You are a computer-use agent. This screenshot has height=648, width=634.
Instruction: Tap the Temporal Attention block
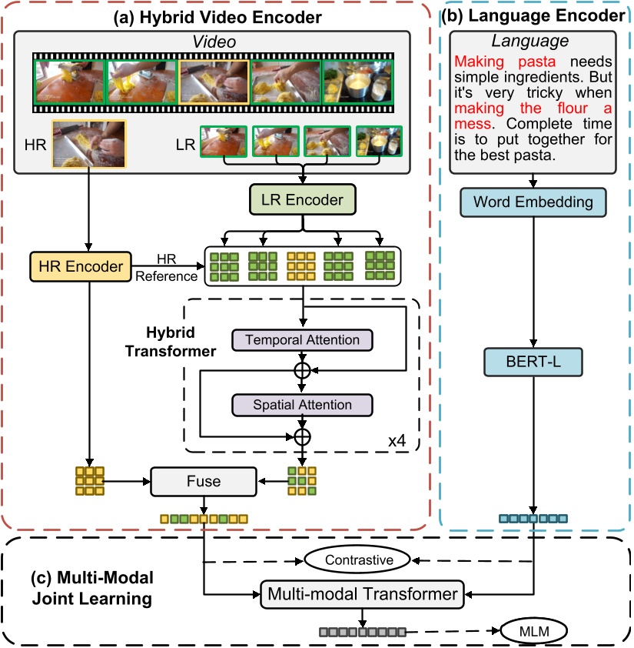(302, 339)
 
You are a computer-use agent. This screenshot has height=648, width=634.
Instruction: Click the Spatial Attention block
(302, 405)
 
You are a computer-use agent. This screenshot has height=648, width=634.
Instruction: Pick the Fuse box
(203, 482)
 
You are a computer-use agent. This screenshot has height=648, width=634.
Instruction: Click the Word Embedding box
(533, 202)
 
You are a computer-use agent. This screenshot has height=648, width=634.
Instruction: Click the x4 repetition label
(397, 443)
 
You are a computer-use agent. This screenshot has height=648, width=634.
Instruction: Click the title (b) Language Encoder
(535, 13)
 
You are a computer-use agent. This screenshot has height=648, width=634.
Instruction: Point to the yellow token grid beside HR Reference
(300, 266)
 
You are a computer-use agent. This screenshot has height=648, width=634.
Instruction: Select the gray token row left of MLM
(357, 633)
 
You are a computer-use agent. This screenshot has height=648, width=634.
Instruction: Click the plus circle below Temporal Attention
(302, 370)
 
